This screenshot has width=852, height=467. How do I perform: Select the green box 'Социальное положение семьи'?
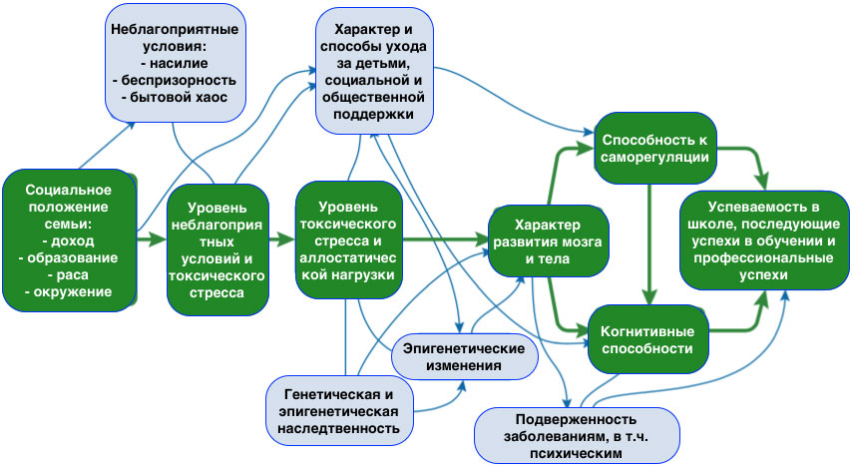69,240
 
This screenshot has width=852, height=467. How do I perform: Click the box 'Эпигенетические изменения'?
464,356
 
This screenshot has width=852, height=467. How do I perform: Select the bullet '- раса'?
68,273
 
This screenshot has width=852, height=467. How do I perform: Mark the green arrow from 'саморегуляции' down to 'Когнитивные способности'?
650,234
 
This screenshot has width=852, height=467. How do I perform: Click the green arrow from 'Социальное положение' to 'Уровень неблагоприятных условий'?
151,240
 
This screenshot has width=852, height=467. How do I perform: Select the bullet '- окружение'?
68,291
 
